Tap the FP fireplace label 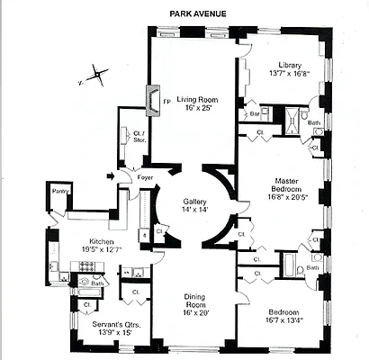pos(166,101)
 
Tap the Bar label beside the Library pos(255,115)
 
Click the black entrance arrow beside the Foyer pos(112,176)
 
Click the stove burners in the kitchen pos(87,266)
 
